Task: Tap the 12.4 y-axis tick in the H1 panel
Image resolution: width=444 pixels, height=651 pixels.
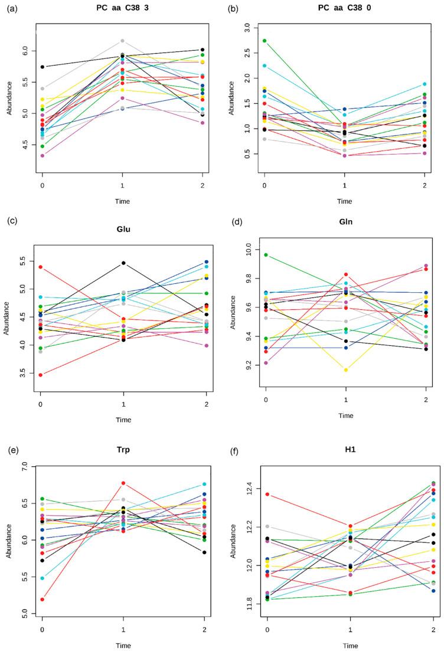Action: [247, 487]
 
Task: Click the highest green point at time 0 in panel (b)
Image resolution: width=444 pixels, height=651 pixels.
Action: [265, 41]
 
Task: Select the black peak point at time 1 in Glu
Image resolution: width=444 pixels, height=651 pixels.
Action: [123, 263]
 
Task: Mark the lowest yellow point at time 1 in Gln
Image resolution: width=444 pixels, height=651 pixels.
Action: [347, 370]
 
